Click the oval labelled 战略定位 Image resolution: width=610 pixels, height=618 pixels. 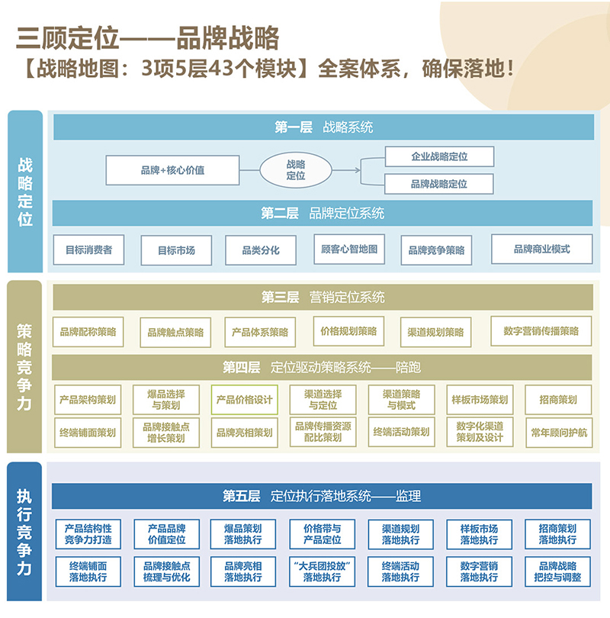(x=295, y=170)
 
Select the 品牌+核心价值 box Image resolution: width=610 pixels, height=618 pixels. (x=172, y=170)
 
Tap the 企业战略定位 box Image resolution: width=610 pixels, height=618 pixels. (x=439, y=156)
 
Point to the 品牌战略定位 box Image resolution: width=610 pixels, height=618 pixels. (x=439, y=184)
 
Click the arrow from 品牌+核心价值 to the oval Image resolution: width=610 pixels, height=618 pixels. (x=249, y=170)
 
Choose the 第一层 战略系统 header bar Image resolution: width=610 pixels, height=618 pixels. (x=323, y=128)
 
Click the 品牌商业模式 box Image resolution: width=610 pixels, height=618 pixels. (x=541, y=249)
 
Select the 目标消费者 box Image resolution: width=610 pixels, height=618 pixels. (x=88, y=249)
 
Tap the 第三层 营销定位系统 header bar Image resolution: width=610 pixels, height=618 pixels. (x=323, y=297)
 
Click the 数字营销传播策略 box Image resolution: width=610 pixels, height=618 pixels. (x=541, y=331)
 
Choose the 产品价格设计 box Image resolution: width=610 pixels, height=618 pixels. (x=244, y=400)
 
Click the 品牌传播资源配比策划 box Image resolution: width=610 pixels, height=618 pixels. (x=323, y=433)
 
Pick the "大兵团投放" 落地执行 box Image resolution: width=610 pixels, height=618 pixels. (x=323, y=571)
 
